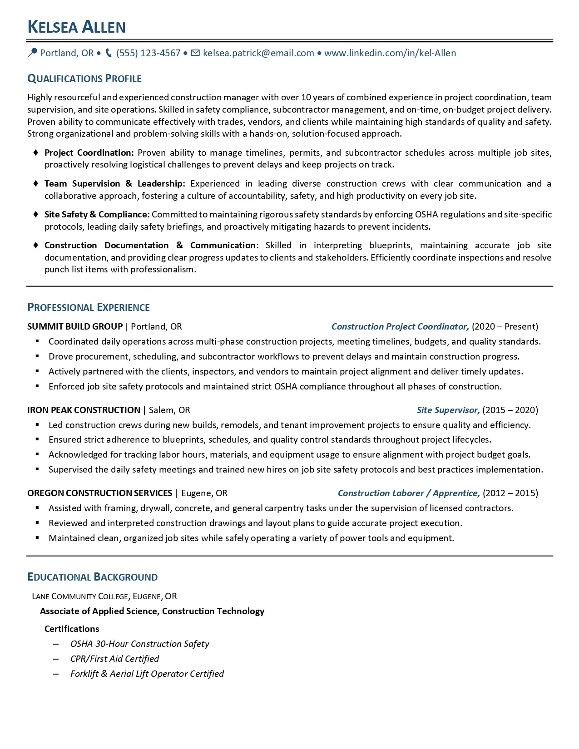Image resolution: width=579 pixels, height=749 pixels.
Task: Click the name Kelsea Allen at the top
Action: pos(76,27)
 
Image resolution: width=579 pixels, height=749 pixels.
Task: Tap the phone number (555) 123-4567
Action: pos(148,53)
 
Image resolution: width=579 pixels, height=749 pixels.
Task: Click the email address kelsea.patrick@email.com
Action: pos(258,53)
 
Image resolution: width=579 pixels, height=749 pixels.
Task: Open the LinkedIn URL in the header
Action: pos(390,53)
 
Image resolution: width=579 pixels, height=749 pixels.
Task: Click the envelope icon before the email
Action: pos(195,53)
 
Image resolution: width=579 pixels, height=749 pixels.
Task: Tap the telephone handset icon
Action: pos(109,53)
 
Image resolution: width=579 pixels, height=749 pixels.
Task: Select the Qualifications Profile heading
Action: pos(84,79)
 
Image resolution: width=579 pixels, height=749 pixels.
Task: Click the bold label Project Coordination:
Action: pos(89,153)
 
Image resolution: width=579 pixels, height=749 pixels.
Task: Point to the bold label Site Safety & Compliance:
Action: pos(97,214)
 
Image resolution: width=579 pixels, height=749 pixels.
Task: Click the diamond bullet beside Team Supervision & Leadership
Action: pos(36,183)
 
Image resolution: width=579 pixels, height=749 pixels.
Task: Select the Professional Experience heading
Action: pos(89,307)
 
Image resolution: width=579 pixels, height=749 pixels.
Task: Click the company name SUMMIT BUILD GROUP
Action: pos(75,326)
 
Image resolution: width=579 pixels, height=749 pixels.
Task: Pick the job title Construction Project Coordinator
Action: pos(400,326)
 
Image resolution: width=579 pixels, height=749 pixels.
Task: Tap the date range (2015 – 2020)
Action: pos(510,410)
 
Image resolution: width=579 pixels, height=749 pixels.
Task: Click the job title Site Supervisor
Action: pos(448,410)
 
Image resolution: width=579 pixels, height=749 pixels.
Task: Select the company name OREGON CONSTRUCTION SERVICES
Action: pos(99,493)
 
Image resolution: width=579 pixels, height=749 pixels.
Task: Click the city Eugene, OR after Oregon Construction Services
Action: pos(204,493)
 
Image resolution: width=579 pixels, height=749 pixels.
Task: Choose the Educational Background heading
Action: pos(93,577)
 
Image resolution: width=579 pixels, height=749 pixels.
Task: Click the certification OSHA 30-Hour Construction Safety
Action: pos(140,644)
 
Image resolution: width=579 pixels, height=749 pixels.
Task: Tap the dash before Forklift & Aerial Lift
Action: pos(56,674)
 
